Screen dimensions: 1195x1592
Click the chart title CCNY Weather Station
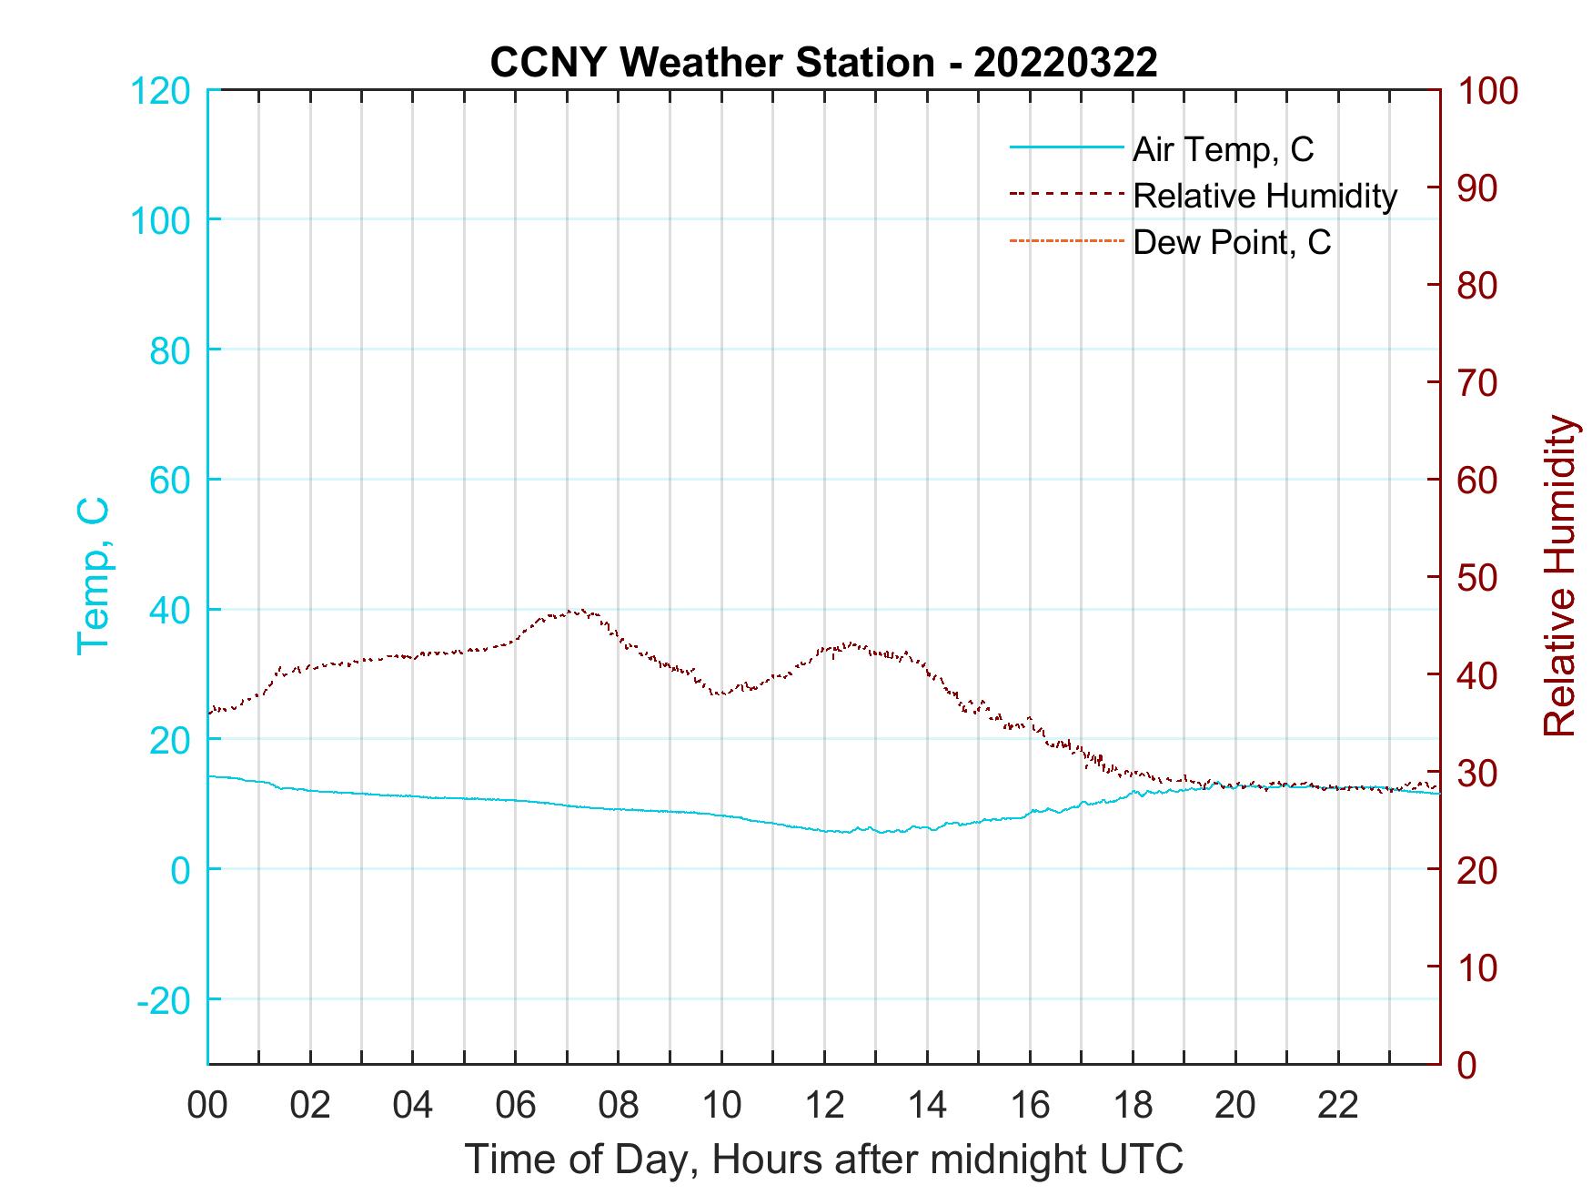pos(713,63)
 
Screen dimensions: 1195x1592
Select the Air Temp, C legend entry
pos(1223,148)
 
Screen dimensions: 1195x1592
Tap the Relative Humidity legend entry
pos(1265,196)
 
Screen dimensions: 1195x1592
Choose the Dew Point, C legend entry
pos(1232,242)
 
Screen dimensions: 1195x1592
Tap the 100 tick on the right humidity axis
pos(1487,91)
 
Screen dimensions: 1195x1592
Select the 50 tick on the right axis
pos(1479,578)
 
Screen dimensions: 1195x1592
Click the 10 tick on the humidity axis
pos(1479,967)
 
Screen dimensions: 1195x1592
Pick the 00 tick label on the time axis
pos(207,1105)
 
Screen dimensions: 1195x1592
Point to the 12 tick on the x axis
pos(824,1105)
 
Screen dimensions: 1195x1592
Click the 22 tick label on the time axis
pos(1338,1105)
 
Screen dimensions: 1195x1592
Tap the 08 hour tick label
pos(619,1105)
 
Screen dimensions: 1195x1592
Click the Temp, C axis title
pos(93,575)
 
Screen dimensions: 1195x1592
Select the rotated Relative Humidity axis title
pos(1559,575)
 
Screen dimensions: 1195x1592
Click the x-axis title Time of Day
pos(824,1160)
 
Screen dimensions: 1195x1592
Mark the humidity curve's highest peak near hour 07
pos(579,611)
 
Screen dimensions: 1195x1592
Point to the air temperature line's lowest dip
pos(881,832)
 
